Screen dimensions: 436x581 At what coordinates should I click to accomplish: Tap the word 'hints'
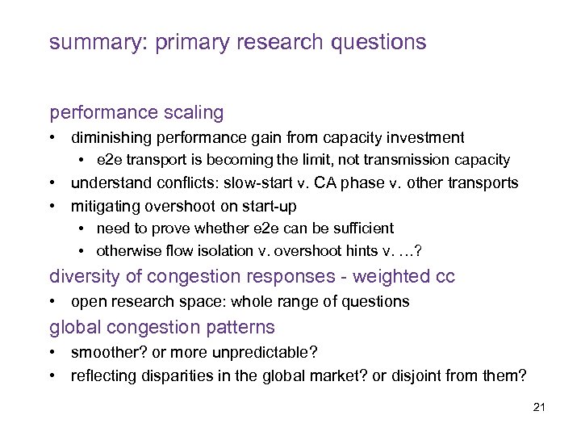[x=328, y=250]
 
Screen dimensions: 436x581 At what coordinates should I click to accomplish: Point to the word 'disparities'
[x=170, y=375]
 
